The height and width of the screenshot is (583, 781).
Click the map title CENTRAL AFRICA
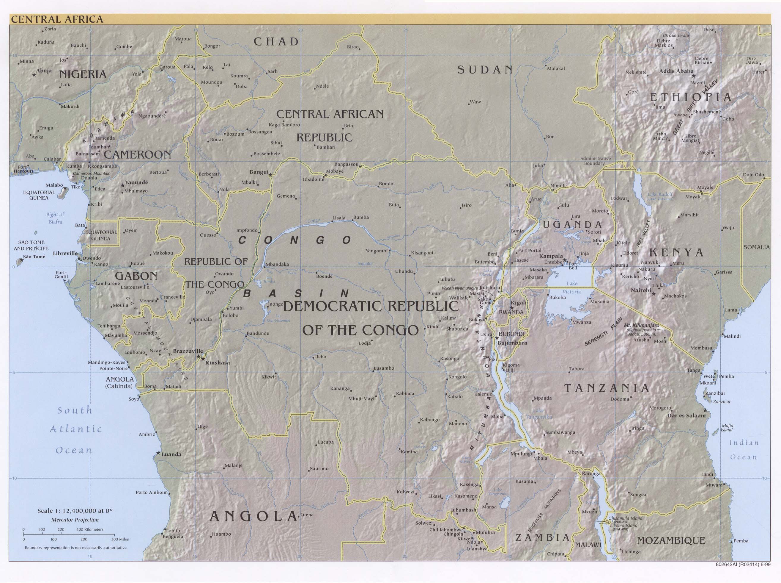point(57,19)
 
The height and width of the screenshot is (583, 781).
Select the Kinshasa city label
point(218,362)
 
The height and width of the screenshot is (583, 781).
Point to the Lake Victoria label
point(572,287)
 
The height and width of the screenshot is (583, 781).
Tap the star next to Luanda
point(158,453)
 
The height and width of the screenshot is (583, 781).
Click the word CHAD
point(276,42)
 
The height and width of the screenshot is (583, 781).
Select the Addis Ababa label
point(676,71)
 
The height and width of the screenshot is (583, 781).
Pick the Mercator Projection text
point(75,520)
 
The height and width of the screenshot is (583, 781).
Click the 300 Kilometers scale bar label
point(90,529)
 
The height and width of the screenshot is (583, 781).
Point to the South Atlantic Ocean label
point(75,429)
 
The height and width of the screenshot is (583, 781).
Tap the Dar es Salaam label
point(686,415)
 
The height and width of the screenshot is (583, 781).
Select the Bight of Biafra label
point(55,218)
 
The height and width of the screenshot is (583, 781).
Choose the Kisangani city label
point(422,253)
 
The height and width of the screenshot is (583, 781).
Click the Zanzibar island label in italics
point(722,401)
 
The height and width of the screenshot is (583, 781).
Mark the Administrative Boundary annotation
point(596,161)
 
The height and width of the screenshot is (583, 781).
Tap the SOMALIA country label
point(756,247)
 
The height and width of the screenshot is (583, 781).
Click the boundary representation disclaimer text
point(76,548)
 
